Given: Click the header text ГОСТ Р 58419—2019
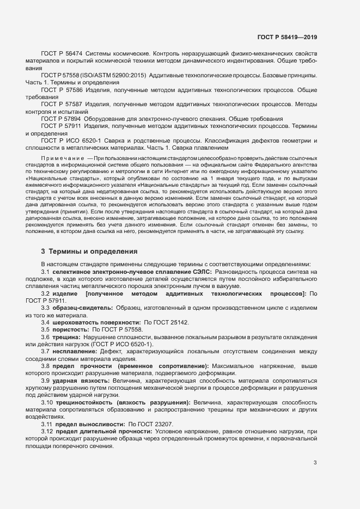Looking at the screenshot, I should pyautogui.click(x=286, y=37).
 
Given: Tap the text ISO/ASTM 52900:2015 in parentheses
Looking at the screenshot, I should pyautogui.click(x=114, y=75).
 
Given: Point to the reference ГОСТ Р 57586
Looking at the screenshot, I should pyautogui.click(x=62, y=88).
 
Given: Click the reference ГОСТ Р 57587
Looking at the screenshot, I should pyautogui.click(x=62, y=102).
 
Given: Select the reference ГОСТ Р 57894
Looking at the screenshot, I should pyautogui.click(x=61, y=118).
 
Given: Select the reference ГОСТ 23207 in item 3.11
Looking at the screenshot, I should pyautogui.click(x=144, y=424).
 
